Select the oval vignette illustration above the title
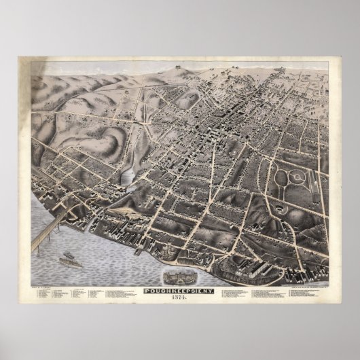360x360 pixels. (179, 262)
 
